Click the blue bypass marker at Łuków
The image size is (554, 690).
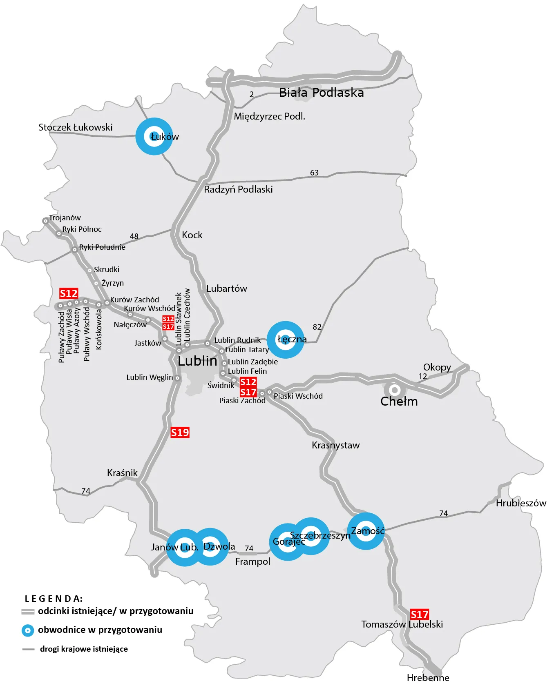tap(154, 136)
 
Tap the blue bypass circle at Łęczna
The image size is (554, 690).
tap(286, 339)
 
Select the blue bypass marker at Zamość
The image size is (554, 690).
tap(366, 531)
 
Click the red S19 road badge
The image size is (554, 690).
tap(180, 433)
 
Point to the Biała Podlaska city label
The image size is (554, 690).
tap(321, 93)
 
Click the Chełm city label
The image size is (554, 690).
tap(399, 402)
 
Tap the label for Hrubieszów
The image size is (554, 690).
tap(521, 503)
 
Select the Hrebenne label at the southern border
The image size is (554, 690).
tap(428, 678)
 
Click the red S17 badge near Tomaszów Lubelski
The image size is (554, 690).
tap(420, 615)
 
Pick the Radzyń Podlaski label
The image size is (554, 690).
tap(238, 189)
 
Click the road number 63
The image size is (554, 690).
tap(314, 173)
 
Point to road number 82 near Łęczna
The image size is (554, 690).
tap(317, 327)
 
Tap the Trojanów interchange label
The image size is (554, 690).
tap(65, 217)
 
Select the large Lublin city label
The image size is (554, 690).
tap(197, 361)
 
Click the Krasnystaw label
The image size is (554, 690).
tap(335, 445)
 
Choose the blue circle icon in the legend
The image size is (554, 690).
tap(28, 630)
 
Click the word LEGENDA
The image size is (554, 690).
tap(54, 599)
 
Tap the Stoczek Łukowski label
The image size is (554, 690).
tap(76, 127)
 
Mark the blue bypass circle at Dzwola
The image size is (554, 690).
tap(210, 547)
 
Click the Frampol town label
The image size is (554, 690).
tap(252, 561)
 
